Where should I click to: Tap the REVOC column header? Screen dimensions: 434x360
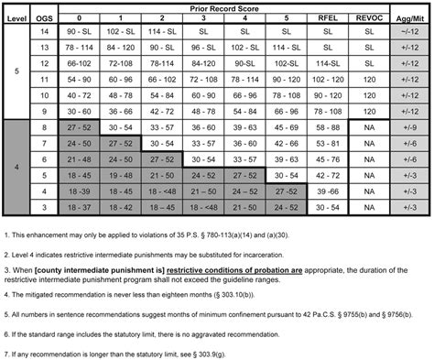tap(366, 16)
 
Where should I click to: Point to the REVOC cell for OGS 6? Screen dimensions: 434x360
tap(366, 158)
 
